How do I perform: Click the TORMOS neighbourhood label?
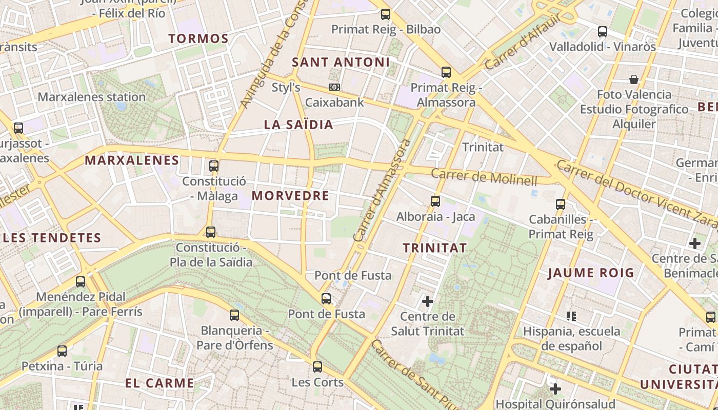click(x=198, y=38)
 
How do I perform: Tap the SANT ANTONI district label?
click(x=341, y=63)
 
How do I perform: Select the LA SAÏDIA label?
click(x=298, y=125)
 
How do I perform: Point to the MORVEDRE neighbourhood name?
click(x=290, y=196)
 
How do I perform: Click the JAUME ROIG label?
click(x=591, y=273)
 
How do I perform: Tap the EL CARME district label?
click(x=159, y=383)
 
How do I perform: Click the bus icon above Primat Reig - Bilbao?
click(x=386, y=14)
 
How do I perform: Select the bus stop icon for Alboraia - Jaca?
click(x=435, y=201)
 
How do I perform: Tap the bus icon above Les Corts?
click(x=317, y=367)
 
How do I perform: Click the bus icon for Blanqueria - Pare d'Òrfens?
click(x=234, y=315)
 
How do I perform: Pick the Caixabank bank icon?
click(x=334, y=88)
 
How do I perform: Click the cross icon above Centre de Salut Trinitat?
click(x=427, y=301)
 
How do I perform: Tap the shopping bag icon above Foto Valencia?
click(x=634, y=79)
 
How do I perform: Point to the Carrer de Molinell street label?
click(x=484, y=177)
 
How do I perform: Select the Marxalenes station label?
click(x=92, y=97)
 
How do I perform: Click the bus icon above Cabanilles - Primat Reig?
click(x=561, y=204)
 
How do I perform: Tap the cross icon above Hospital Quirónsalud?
click(x=555, y=388)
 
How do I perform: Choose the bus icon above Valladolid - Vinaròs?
click(x=603, y=32)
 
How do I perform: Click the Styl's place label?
click(x=286, y=88)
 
